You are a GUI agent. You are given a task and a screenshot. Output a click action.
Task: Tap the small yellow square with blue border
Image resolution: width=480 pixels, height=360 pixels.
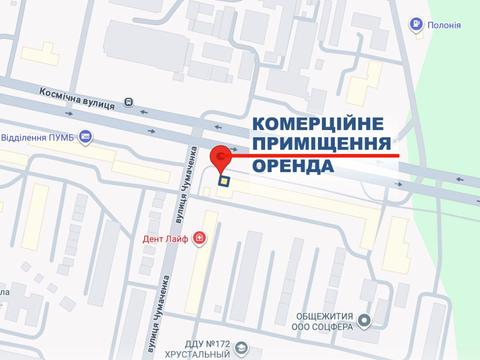click(225, 182)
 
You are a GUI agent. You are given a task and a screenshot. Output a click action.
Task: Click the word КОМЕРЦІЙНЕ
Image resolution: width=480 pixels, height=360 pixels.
click(319, 124)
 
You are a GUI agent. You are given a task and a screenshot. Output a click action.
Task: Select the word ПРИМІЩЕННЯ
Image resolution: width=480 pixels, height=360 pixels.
click(320, 144)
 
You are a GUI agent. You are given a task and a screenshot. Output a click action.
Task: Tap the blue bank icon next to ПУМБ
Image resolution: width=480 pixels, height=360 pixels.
click(87, 138)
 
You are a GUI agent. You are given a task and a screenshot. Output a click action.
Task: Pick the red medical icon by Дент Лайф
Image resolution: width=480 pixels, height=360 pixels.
click(199, 238)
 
